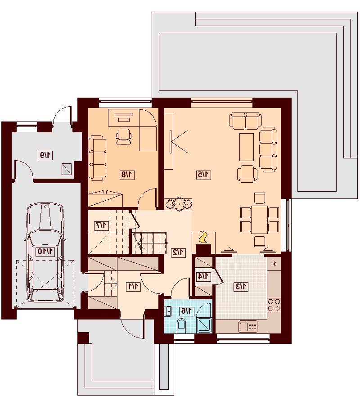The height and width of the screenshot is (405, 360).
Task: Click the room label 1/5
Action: pyautogui.click(x=203, y=175)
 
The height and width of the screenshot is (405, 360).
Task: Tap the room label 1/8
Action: pyautogui.click(x=127, y=175)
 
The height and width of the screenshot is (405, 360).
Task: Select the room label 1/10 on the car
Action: pyautogui.click(x=45, y=251)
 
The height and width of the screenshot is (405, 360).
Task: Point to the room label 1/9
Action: pyautogui.click(x=45, y=155)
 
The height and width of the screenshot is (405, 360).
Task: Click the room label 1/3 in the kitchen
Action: pyautogui.click(x=240, y=287)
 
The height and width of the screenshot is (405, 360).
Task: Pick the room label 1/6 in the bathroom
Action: pyautogui.click(x=186, y=311)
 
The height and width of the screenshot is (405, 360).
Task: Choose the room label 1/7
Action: pyautogui.click(x=101, y=225)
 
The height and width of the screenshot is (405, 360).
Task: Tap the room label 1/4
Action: pyautogui.click(x=203, y=277)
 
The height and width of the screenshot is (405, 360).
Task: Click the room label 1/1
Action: pyautogui.click(x=133, y=287)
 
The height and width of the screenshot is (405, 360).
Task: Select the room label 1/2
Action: pyautogui.click(x=179, y=252)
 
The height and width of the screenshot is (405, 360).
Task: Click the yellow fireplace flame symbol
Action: pyautogui.click(x=203, y=237)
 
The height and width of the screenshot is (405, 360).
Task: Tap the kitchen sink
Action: pyautogui.click(x=248, y=326)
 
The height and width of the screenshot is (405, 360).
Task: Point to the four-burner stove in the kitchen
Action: pyautogui.click(x=274, y=305)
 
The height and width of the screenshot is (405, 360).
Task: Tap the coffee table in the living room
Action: pyautogui.click(x=247, y=147)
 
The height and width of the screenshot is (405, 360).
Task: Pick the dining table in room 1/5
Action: pyautogui.click(x=260, y=220)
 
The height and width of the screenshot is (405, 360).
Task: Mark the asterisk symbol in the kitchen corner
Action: pyautogui.click(x=274, y=264)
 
